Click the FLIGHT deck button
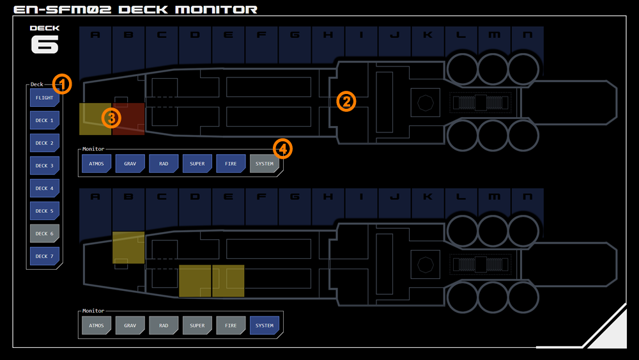tap(45, 98)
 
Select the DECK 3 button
tap(45, 166)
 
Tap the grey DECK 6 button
tap(45, 233)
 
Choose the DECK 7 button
tap(45, 256)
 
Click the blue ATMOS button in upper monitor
tap(96, 164)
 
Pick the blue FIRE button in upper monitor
tap(231, 164)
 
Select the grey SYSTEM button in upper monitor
tap(265, 164)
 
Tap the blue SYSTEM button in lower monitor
tap(265, 325)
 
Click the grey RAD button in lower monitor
tap(164, 325)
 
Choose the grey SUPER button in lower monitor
tap(197, 325)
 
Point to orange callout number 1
tap(62, 84)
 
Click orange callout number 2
tap(346, 102)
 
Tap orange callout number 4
tap(283, 149)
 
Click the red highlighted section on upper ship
tap(128, 119)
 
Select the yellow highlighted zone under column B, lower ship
tap(128, 247)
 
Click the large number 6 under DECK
tap(45, 44)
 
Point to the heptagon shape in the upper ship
tap(426, 103)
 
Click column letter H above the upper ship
tap(328, 35)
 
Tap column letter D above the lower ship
tap(195, 196)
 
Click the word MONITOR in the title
tap(216, 10)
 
